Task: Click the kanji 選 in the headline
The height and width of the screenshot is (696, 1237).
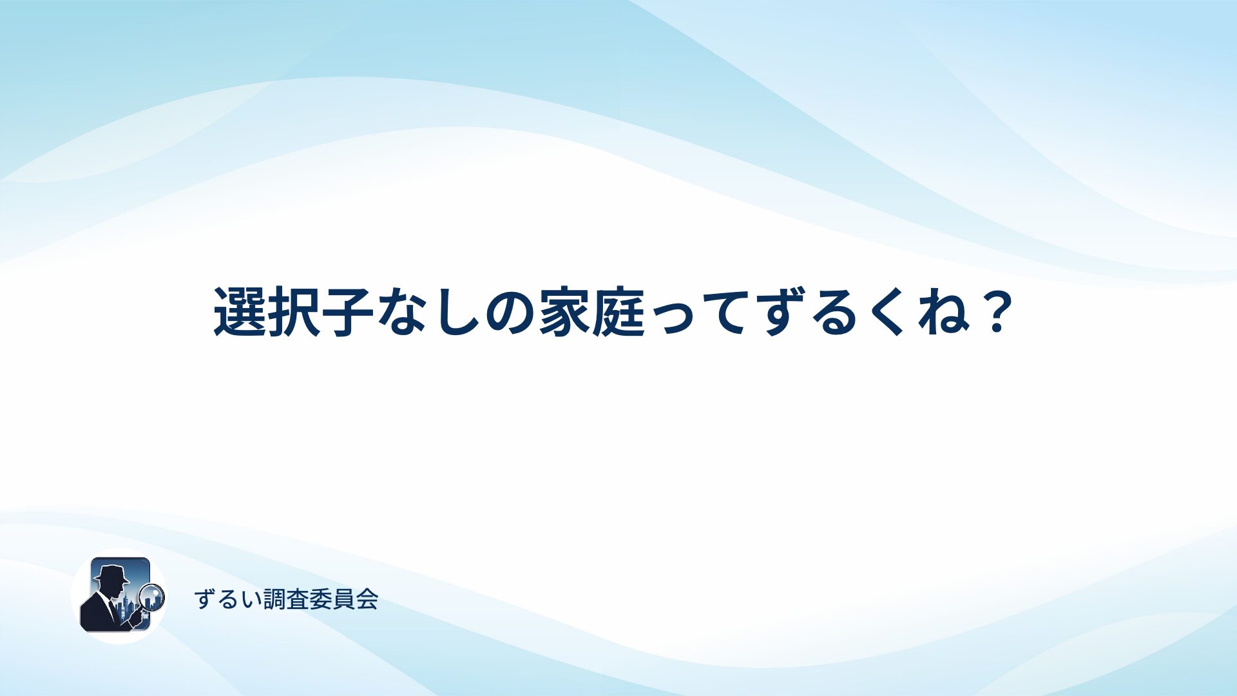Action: pos(240,312)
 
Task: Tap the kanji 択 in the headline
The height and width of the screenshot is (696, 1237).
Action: pos(294,312)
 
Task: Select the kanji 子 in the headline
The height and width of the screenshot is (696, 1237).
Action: pos(349,312)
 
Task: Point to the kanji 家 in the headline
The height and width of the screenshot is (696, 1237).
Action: pos(564,312)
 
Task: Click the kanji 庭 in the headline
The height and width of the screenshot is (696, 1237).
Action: pos(619,312)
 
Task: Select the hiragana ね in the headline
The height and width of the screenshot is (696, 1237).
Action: pos(944,313)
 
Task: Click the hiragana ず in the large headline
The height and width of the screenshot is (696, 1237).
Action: pos(782,313)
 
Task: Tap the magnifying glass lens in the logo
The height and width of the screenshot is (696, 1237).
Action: pos(153,597)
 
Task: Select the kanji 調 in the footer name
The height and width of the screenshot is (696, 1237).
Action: pos(275,599)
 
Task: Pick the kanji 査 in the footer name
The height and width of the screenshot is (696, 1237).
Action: pos(298,599)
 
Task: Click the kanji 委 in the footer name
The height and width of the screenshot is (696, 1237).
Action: pos(321,599)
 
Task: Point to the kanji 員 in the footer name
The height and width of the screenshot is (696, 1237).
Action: pos(344,599)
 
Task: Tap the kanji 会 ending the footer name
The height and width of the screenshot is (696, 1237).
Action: pos(367,599)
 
